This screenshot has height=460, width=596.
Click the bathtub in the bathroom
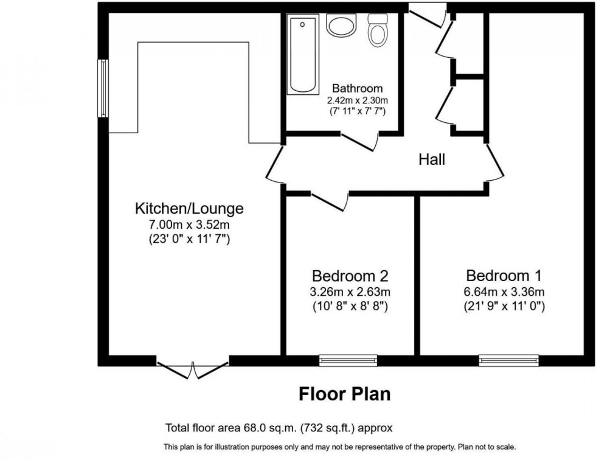302,55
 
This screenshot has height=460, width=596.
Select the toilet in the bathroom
378,30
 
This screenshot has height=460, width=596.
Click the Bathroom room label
358,88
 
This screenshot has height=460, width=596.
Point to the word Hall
432,160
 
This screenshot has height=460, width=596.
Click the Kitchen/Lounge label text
189,209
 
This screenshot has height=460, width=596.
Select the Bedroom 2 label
350,275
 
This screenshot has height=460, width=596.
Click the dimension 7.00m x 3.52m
189,225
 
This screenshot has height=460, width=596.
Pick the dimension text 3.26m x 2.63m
350,291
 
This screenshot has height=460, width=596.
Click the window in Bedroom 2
348,361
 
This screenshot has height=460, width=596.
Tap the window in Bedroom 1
508,361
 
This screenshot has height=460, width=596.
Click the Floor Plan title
344,394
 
